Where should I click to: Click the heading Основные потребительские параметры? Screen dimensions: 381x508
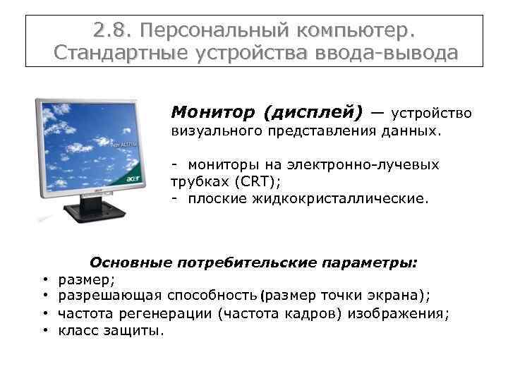pyautogui.click(x=253, y=262)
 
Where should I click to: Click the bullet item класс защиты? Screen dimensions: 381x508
pyautogui.click(x=111, y=329)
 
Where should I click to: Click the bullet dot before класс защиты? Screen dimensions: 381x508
pyautogui.click(x=44, y=329)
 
